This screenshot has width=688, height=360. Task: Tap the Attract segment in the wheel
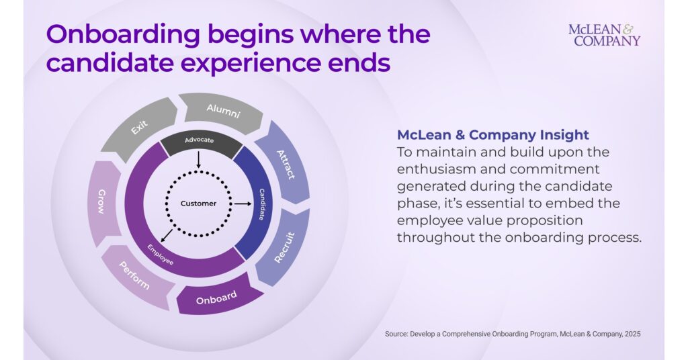[x=286, y=164]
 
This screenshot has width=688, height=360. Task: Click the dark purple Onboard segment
[x=217, y=300]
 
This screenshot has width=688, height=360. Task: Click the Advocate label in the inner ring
[x=199, y=140]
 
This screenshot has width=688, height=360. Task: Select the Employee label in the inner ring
[x=161, y=253]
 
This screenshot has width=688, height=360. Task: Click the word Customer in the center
[x=198, y=204]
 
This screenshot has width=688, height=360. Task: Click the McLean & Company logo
[x=604, y=35]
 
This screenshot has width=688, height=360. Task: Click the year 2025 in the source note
[x=631, y=334]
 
